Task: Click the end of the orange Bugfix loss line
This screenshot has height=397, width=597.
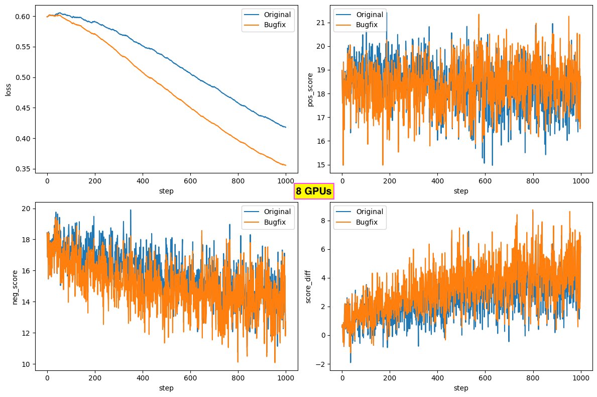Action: (x=286, y=165)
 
